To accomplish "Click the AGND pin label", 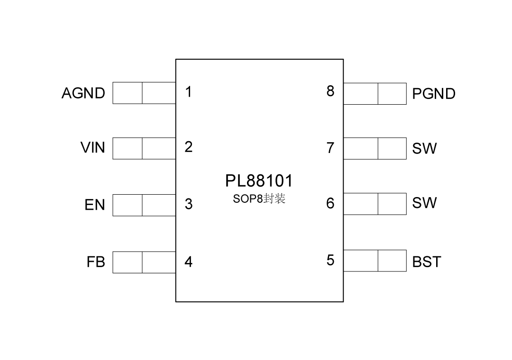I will tap(83, 93).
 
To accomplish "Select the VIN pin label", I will tap(93, 148).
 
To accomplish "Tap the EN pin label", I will tap(95, 205).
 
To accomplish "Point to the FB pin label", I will tap(96, 262).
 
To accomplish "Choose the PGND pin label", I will tap(434, 94).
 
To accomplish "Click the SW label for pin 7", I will tap(424, 149).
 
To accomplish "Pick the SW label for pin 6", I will tap(424, 203).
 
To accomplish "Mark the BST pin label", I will tap(427, 261).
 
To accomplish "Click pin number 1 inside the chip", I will tap(189, 92).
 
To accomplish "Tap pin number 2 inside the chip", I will tap(189, 147).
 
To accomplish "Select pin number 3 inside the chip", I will tap(189, 204).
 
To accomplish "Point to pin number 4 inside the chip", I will tap(189, 261).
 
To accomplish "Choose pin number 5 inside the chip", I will tap(330, 261).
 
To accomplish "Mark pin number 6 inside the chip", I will tap(330, 203).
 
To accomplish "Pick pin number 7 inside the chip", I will tap(330, 148).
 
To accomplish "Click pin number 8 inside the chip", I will tap(330, 91).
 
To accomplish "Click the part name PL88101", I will tap(259, 181).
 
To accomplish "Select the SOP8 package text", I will tap(259, 199).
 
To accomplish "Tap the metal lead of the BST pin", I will tap(375, 261).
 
